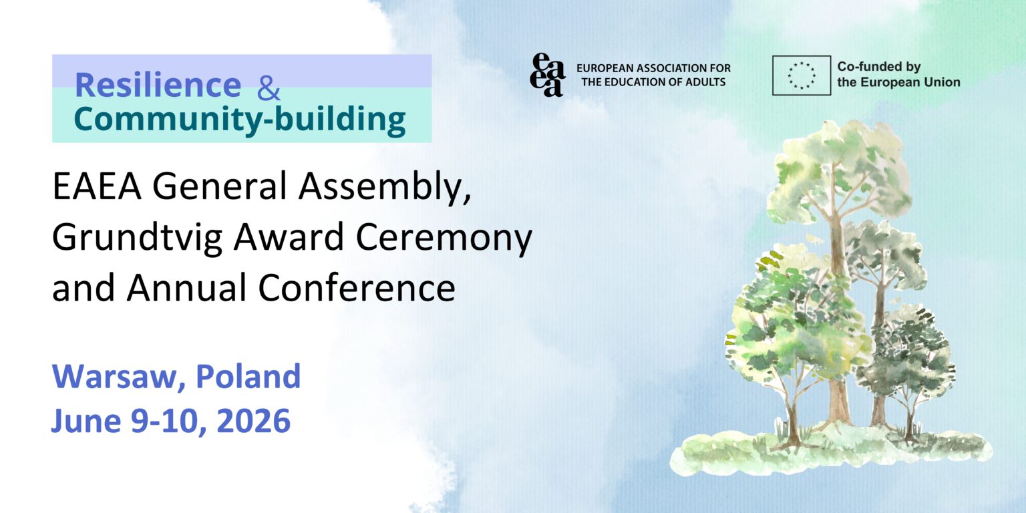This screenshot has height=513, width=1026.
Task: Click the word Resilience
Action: pos(158,85)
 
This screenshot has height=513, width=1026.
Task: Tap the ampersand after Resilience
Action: pos(269,88)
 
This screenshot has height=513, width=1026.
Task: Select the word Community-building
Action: pos(239,119)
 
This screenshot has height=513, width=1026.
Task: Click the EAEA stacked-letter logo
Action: pos(547,75)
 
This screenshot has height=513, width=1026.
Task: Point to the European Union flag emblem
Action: pos(802,75)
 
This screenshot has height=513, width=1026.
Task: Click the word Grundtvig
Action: pos(137,238)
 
